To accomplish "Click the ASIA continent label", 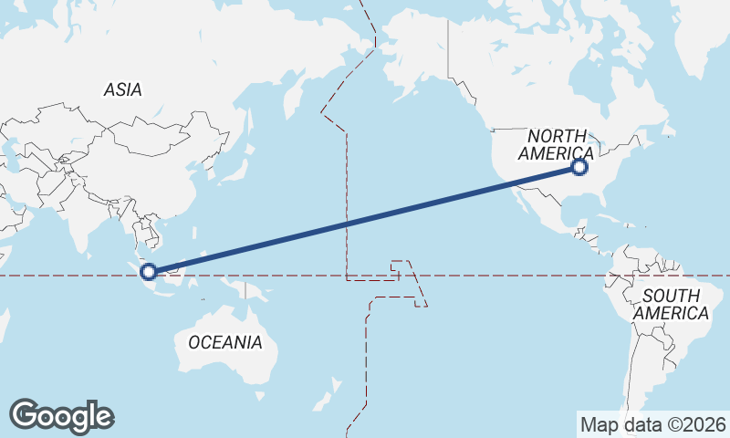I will [x=122, y=89].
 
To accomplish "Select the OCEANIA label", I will [x=224, y=342].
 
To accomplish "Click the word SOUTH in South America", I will [x=671, y=296].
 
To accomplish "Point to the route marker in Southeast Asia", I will [x=149, y=270].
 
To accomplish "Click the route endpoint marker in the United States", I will [x=579, y=167].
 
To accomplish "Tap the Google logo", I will [x=61, y=416].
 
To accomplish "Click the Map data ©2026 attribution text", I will [x=652, y=424].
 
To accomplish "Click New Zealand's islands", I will [x=325, y=399].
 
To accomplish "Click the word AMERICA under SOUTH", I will [x=671, y=313].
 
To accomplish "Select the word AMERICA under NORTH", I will [x=555, y=153].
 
